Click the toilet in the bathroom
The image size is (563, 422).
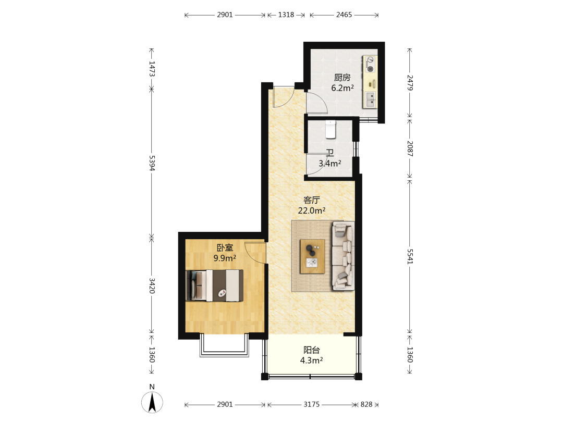[331, 130]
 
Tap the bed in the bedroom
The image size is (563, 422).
[215, 286]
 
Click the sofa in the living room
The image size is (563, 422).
[343, 255]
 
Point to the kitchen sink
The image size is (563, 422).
[370, 100]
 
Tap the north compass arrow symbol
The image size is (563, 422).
[152, 402]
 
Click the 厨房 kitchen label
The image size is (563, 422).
[342, 78]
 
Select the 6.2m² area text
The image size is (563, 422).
[342, 88]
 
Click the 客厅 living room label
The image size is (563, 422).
[311, 200]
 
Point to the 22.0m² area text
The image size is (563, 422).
[312, 210]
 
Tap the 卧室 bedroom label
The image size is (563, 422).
[225, 247]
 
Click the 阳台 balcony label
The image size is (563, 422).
[311, 350]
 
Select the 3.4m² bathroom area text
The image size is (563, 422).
[330, 163]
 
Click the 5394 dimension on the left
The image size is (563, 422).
[152, 163]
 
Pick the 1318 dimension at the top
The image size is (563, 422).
[286, 15]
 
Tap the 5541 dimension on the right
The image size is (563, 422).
[410, 256]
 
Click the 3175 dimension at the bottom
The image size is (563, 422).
[311, 404]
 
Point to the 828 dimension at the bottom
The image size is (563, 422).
[366, 404]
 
